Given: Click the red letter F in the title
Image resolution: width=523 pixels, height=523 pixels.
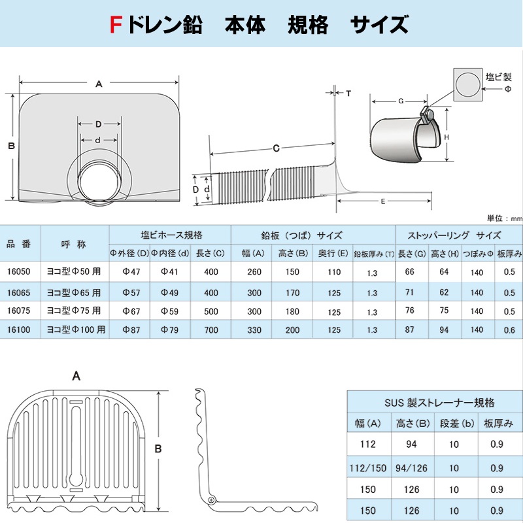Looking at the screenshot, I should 115,25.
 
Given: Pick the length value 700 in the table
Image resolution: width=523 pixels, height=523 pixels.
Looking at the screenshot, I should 211,329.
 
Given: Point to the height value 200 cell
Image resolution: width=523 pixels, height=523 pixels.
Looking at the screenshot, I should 292,329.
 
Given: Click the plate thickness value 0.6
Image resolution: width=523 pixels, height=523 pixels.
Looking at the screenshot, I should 509,329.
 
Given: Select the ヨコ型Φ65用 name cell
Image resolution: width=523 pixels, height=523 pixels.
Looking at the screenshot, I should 75,292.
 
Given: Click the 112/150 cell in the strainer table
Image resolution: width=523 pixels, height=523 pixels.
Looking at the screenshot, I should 367,467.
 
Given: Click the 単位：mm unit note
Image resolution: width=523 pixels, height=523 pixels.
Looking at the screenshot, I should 505,218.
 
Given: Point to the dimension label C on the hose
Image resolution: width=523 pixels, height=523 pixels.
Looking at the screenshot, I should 276,148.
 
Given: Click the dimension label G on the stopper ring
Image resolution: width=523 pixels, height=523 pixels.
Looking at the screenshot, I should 400,101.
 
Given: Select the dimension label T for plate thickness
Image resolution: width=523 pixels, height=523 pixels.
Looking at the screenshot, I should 348,93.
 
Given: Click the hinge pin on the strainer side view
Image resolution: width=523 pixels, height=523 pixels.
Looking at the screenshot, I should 211,499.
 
